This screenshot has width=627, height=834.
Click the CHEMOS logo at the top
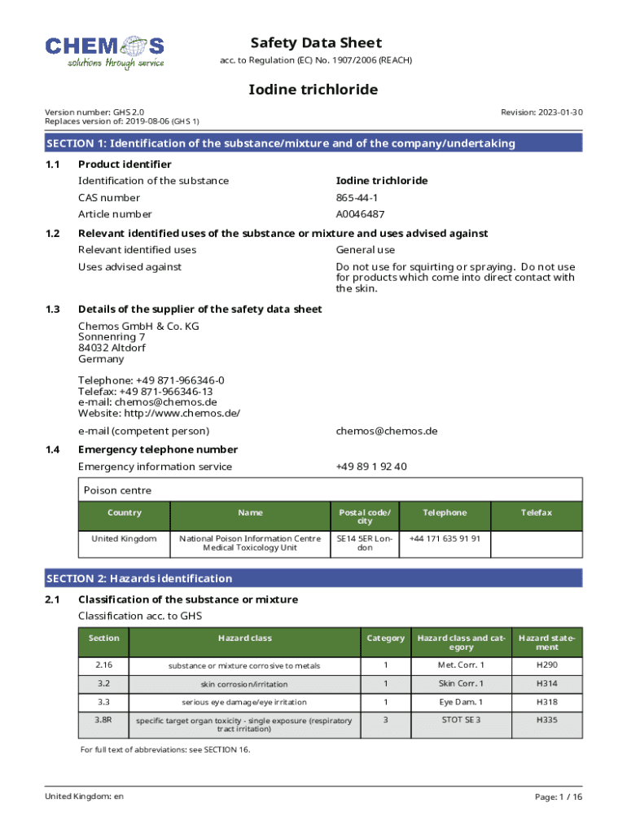click(x=104, y=51)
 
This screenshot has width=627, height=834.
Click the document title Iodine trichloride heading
click(x=313, y=90)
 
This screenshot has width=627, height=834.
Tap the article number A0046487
click(x=360, y=214)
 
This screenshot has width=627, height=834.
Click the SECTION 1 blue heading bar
click(x=313, y=143)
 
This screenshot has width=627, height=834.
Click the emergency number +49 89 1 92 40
click(x=371, y=467)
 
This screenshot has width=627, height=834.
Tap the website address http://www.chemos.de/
click(x=159, y=413)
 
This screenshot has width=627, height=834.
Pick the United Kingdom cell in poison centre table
click(x=124, y=539)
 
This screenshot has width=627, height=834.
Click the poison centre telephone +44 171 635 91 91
click(x=445, y=538)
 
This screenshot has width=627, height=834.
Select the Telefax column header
click(x=537, y=513)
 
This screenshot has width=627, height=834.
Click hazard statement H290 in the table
click(x=546, y=665)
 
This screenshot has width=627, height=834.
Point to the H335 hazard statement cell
click(x=546, y=720)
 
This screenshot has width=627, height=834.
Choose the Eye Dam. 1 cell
click(x=461, y=702)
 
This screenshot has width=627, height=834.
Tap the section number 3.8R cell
click(x=103, y=720)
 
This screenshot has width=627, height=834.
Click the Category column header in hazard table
click(x=386, y=639)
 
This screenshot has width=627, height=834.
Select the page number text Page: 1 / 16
click(x=559, y=797)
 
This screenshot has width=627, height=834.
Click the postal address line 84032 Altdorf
click(x=112, y=348)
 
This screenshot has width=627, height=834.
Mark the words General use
click(x=366, y=250)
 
